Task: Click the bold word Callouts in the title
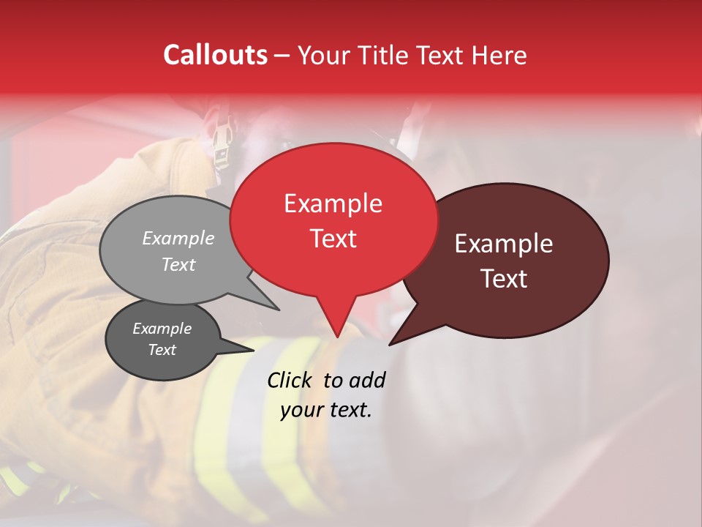(x=215, y=55)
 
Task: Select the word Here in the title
(x=499, y=55)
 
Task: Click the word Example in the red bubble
(x=333, y=203)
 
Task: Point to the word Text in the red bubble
(x=333, y=239)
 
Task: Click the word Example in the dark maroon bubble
(x=504, y=244)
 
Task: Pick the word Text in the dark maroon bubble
(x=504, y=279)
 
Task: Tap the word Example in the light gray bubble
(x=178, y=239)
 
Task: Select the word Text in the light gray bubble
(x=178, y=265)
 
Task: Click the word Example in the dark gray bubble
(x=162, y=329)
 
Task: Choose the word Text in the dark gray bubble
(x=162, y=350)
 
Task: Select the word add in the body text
(x=366, y=380)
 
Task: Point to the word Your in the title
(x=325, y=55)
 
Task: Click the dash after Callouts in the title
(x=282, y=56)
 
